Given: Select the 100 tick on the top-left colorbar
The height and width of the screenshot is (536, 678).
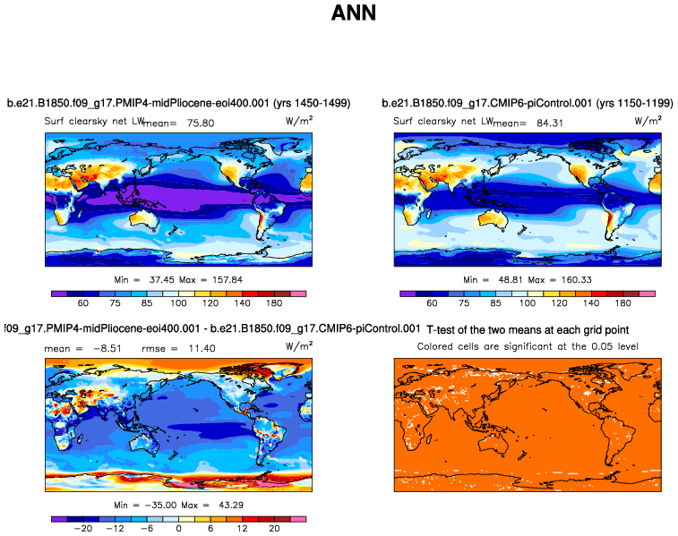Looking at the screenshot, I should pos(179,303).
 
